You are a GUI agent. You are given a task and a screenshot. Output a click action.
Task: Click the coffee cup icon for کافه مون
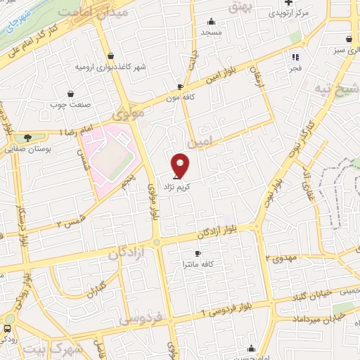point(181,87)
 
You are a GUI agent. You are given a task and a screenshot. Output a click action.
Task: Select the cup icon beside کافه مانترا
point(198,253)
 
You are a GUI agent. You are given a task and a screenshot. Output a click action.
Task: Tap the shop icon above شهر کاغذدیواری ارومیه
point(110,56)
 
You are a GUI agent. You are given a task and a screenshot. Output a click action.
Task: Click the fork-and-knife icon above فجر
point(295,58)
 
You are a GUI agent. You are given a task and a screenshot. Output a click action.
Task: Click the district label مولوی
point(128,112)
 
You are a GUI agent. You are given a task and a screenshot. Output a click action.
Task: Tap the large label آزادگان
point(127,253)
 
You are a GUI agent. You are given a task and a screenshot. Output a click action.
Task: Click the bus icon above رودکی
point(7,328)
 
